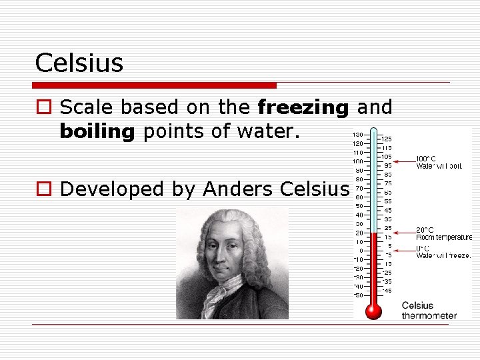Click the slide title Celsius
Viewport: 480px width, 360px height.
pos(79,63)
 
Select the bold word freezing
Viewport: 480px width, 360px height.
pos(303,107)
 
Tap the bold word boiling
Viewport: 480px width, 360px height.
pos(97,131)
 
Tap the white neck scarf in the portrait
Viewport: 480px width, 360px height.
pos(223,293)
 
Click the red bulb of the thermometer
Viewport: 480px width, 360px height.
pos(373,310)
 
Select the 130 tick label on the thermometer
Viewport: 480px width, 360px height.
pos(358,135)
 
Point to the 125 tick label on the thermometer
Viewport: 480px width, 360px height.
pos(387,139)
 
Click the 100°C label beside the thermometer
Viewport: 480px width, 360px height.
pos(425,159)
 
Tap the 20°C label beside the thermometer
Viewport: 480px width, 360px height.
pos(425,230)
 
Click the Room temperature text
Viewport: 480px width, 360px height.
pos(443,237)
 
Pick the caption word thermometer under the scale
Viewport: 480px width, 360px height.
pos(429,315)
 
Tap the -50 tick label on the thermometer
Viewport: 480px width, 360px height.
pos(358,295)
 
